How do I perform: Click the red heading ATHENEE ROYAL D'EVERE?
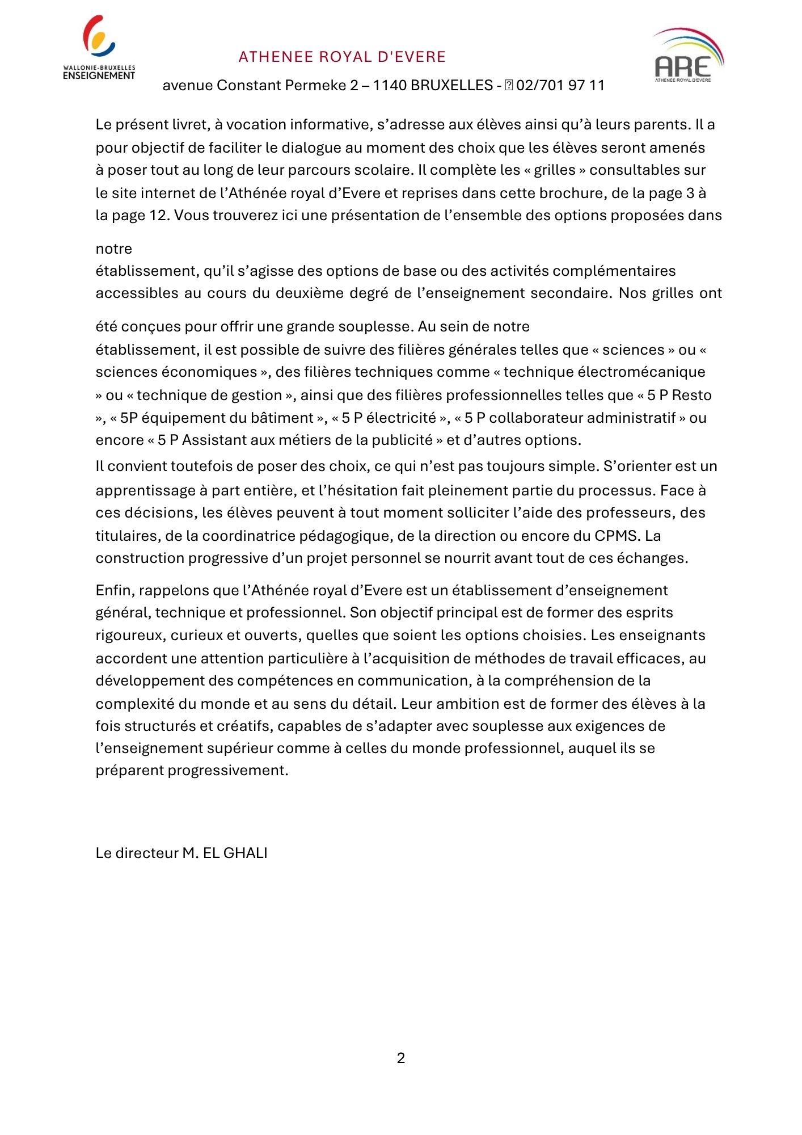(342, 57)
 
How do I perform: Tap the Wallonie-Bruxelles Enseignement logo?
(99, 48)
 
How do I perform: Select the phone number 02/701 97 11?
(560, 86)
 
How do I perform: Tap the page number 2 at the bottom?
(401, 1058)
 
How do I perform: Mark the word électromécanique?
(641, 372)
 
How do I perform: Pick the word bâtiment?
(284, 418)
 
